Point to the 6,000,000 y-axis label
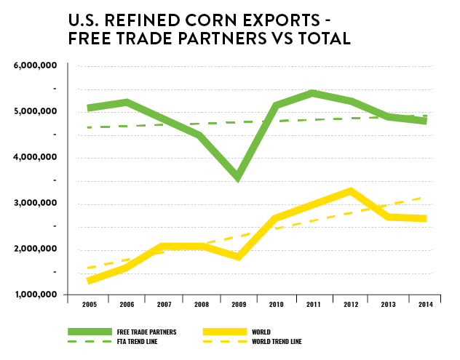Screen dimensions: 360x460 pyautogui.click(x=36, y=66)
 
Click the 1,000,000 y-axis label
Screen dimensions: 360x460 pyautogui.click(x=36, y=295)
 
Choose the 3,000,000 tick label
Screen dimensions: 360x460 pyautogui.click(x=36, y=204)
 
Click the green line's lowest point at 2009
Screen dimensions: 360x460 pyautogui.click(x=238, y=177)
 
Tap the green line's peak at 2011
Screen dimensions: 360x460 pyautogui.click(x=312, y=94)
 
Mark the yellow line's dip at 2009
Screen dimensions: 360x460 pyautogui.click(x=238, y=256)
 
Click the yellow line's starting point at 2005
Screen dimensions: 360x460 pyautogui.click(x=89, y=280)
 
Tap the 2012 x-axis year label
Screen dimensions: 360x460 pyautogui.click(x=350, y=304)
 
